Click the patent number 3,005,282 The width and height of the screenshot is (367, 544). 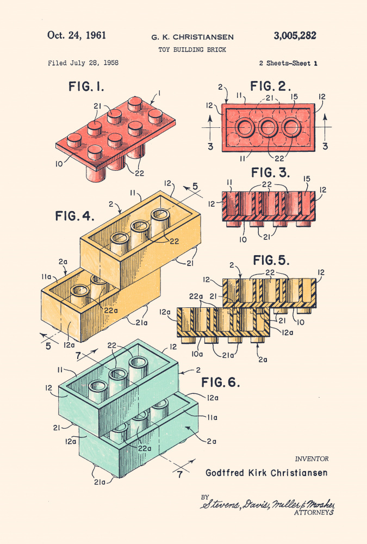tap(295, 36)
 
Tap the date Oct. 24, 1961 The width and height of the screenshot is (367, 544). tap(77, 35)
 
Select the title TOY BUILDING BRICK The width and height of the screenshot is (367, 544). tap(192, 50)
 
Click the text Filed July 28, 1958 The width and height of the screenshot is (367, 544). tap(83, 63)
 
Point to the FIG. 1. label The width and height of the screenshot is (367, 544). tap(86, 86)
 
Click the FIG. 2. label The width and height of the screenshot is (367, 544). tap(271, 86)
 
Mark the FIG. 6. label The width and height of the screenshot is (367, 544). tap(220, 382)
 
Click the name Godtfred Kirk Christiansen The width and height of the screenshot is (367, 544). tap(266, 473)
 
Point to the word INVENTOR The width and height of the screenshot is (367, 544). tap(312, 459)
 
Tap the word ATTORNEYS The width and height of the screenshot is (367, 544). tap(314, 512)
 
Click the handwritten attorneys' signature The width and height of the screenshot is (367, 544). tap(266, 504)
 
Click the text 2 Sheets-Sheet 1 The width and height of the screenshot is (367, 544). tap(288, 63)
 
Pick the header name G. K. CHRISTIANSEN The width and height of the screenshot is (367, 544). tap(192, 37)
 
